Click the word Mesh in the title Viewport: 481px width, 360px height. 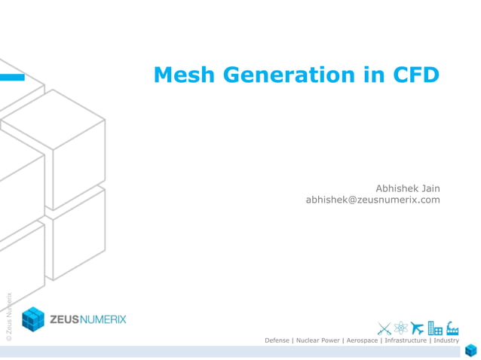(180, 75)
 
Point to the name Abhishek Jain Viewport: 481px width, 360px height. (407, 188)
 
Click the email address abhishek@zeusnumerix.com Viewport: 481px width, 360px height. (372, 200)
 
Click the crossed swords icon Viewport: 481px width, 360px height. (384, 328)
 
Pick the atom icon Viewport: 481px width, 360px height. (400, 328)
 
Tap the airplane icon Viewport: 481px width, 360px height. (418, 328)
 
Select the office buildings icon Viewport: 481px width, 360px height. (435, 328)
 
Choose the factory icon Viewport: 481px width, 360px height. (452, 328)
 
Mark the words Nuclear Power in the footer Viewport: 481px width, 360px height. (318, 341)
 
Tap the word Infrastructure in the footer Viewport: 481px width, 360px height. (406, 341)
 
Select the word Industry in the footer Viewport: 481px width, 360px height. (446, 341)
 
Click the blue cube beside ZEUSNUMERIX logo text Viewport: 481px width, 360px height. (33, 319)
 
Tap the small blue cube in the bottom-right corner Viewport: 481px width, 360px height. (471, 350)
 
